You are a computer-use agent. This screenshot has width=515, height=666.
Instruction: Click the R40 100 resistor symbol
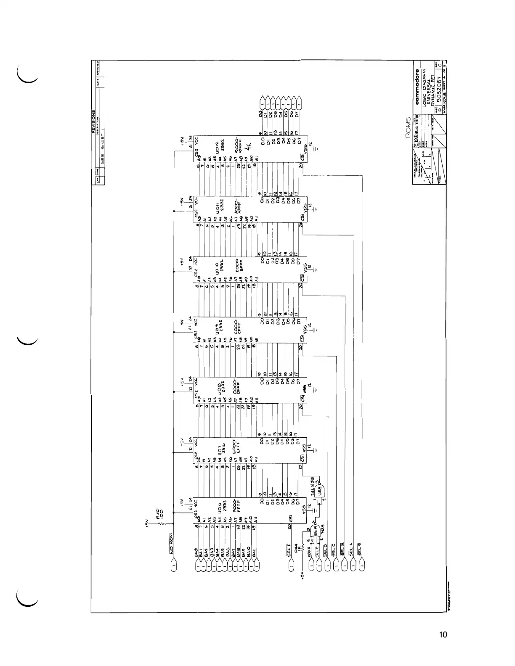[x=161, y=523]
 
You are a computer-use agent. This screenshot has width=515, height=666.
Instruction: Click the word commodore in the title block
[x=417, y=89]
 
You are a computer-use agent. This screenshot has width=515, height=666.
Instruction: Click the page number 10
[x=443, y=634]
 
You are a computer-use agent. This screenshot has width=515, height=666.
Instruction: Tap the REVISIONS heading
[x=94, y=122]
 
